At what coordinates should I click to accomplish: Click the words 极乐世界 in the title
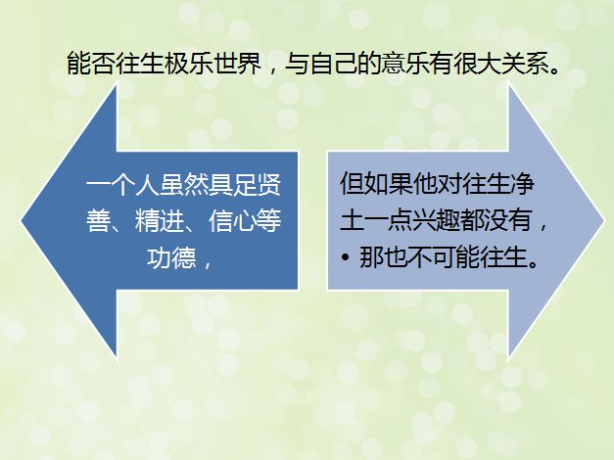click(213, 63)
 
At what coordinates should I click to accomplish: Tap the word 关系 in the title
click(526, 63)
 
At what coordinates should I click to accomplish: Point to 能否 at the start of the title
click(91, 63)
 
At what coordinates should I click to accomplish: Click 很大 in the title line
click(478, 63)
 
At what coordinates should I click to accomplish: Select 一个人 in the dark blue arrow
click(122, 184)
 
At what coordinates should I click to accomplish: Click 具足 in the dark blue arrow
click(233, 184)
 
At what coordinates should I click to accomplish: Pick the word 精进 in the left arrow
click(159, 220)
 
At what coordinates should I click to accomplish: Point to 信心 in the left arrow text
click(233, 220)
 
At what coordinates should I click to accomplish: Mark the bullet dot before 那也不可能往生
click(345, 257)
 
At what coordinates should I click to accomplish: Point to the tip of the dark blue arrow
click(22, 221)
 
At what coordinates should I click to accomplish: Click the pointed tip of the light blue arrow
click(604, 221)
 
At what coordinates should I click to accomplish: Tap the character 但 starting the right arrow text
click(353, 183)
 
